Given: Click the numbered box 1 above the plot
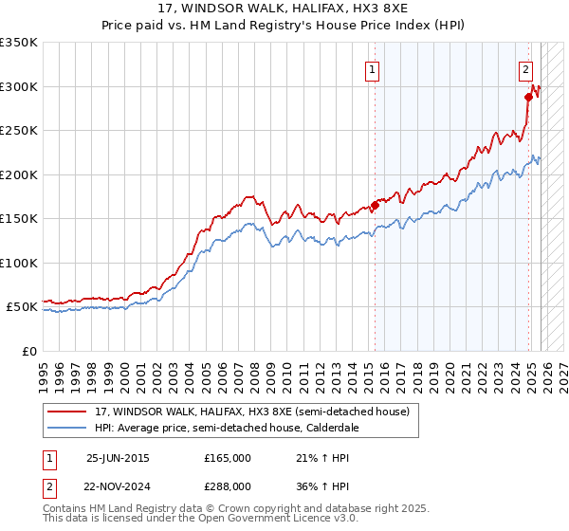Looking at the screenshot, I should click(x=372, y=69).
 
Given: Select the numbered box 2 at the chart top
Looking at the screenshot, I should click(x=525, y=69).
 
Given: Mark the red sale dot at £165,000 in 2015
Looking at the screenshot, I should click(x=375, y=205).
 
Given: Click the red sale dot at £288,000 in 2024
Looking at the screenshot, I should click(x=528, y=97).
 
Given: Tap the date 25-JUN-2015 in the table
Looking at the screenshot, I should click(x=118, y=457).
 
